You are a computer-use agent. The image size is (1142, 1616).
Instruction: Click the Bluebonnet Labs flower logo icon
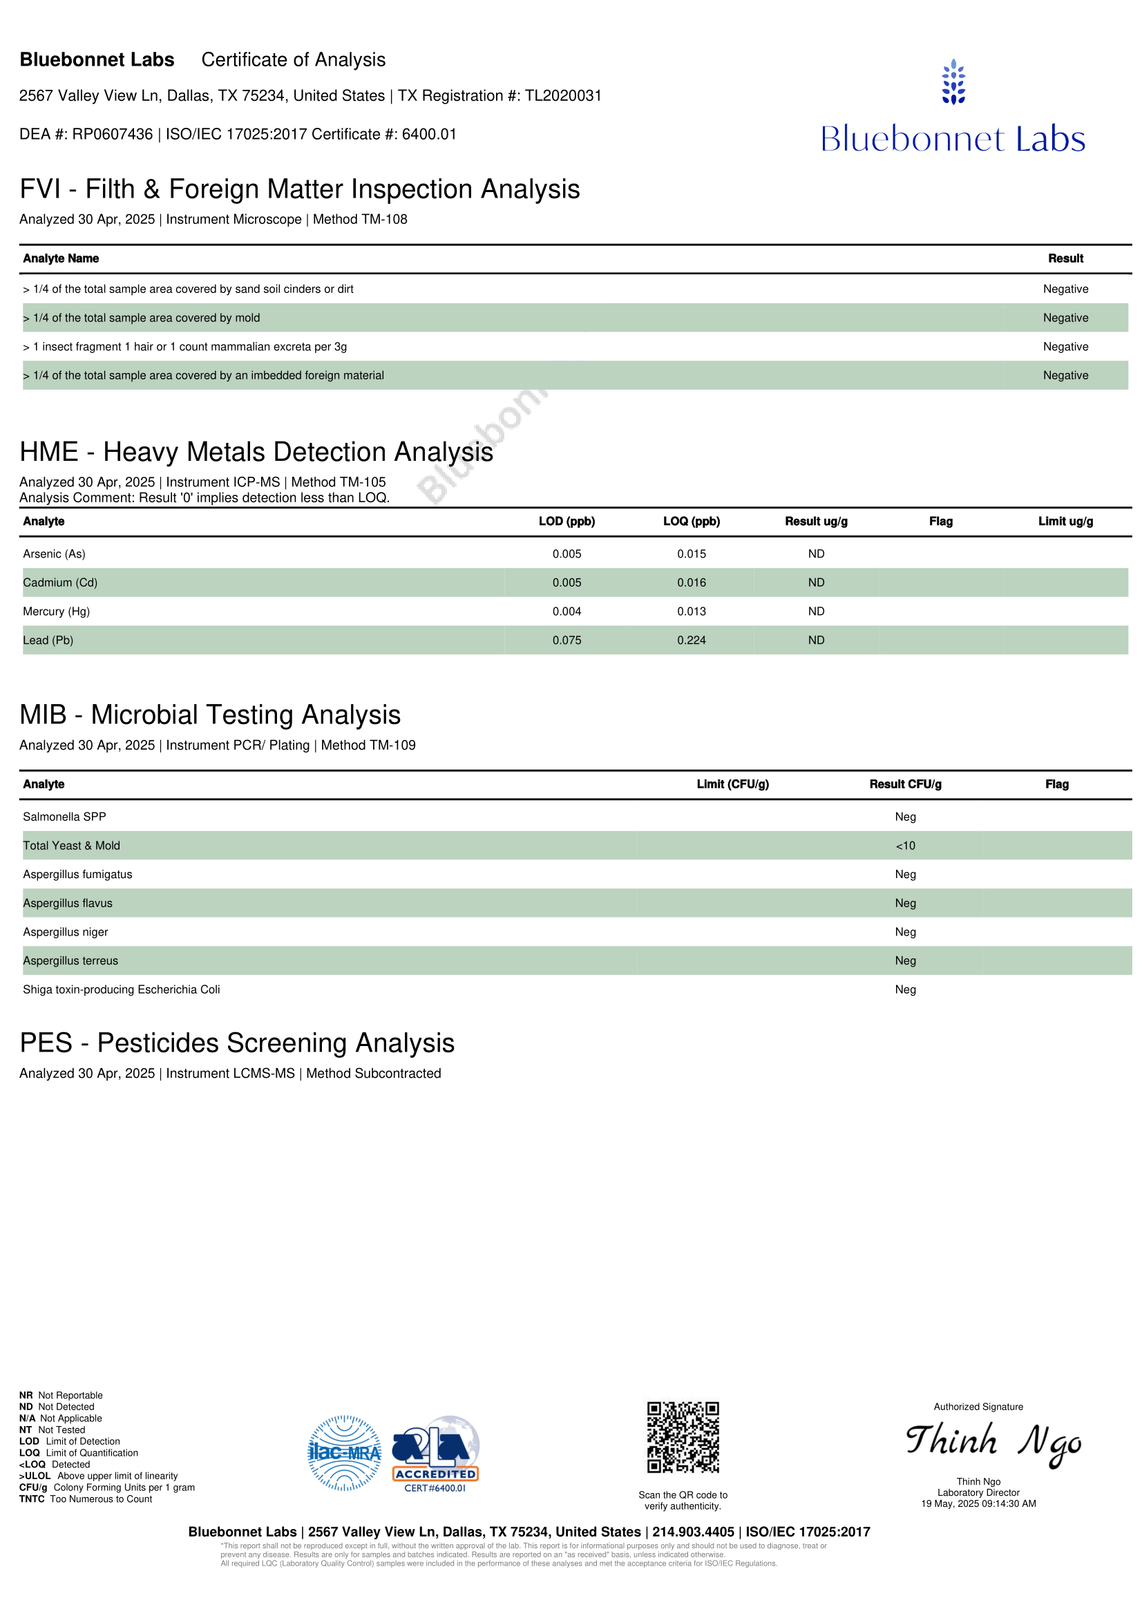[x=953, y=82]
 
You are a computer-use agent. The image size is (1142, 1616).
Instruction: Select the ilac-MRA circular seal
[x=345, y=1453]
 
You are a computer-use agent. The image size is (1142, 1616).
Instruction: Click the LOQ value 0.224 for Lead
[x=691, y=640]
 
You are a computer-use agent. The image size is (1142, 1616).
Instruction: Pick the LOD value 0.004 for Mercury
[x=567, y=611]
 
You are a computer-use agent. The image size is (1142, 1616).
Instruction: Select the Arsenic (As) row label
[x=54, y=554]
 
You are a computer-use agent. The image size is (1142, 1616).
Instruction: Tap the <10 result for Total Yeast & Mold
[x=905, y=845]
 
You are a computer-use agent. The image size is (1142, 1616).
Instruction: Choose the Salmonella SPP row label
[x=65, y=817]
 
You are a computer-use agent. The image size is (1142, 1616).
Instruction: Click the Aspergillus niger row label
[x=66, y=932]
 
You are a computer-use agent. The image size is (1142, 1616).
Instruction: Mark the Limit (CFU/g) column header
[x=732, y=784]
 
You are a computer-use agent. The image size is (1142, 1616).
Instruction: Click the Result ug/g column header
[x=816, y=522]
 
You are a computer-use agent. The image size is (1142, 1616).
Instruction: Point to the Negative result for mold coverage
[x=1065, y=318]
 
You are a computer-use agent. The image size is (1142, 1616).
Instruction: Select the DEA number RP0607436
[x=113, y=135]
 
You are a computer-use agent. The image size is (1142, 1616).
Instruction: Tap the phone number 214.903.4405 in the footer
[x=693, y=1532]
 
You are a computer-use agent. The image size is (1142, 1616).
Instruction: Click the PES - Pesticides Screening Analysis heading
[x=237, y=1043]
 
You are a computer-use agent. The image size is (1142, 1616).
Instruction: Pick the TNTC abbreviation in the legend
[x=32, y=1499]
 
